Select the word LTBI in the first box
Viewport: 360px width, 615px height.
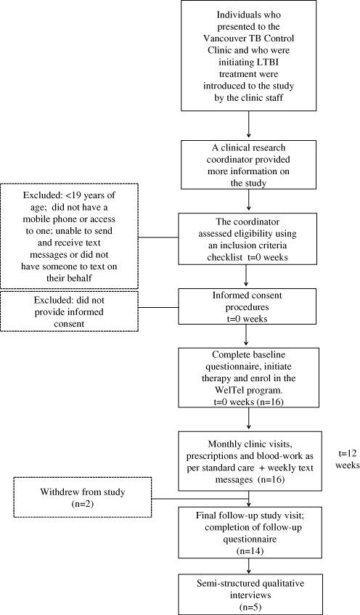point(271,62)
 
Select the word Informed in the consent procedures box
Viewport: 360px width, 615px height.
point(229,295)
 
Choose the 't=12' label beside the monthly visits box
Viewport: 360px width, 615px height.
point(347,453)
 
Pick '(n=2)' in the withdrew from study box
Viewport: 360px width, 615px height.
point(82,503)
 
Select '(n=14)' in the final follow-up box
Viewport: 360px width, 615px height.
point(250,550)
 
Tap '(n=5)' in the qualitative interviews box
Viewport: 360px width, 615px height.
point(250,607)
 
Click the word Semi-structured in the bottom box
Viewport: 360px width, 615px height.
point(225,583)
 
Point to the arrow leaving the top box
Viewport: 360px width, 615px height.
point(249,124)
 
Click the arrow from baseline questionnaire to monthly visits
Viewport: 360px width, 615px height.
point(249,418)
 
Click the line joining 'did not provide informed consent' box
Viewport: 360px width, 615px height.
point(158,307)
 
